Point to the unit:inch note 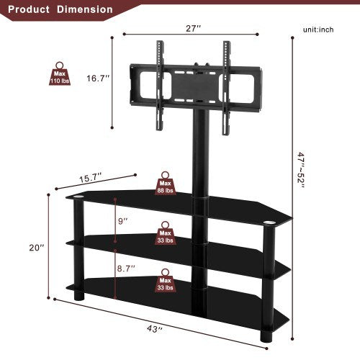coord(318,30)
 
